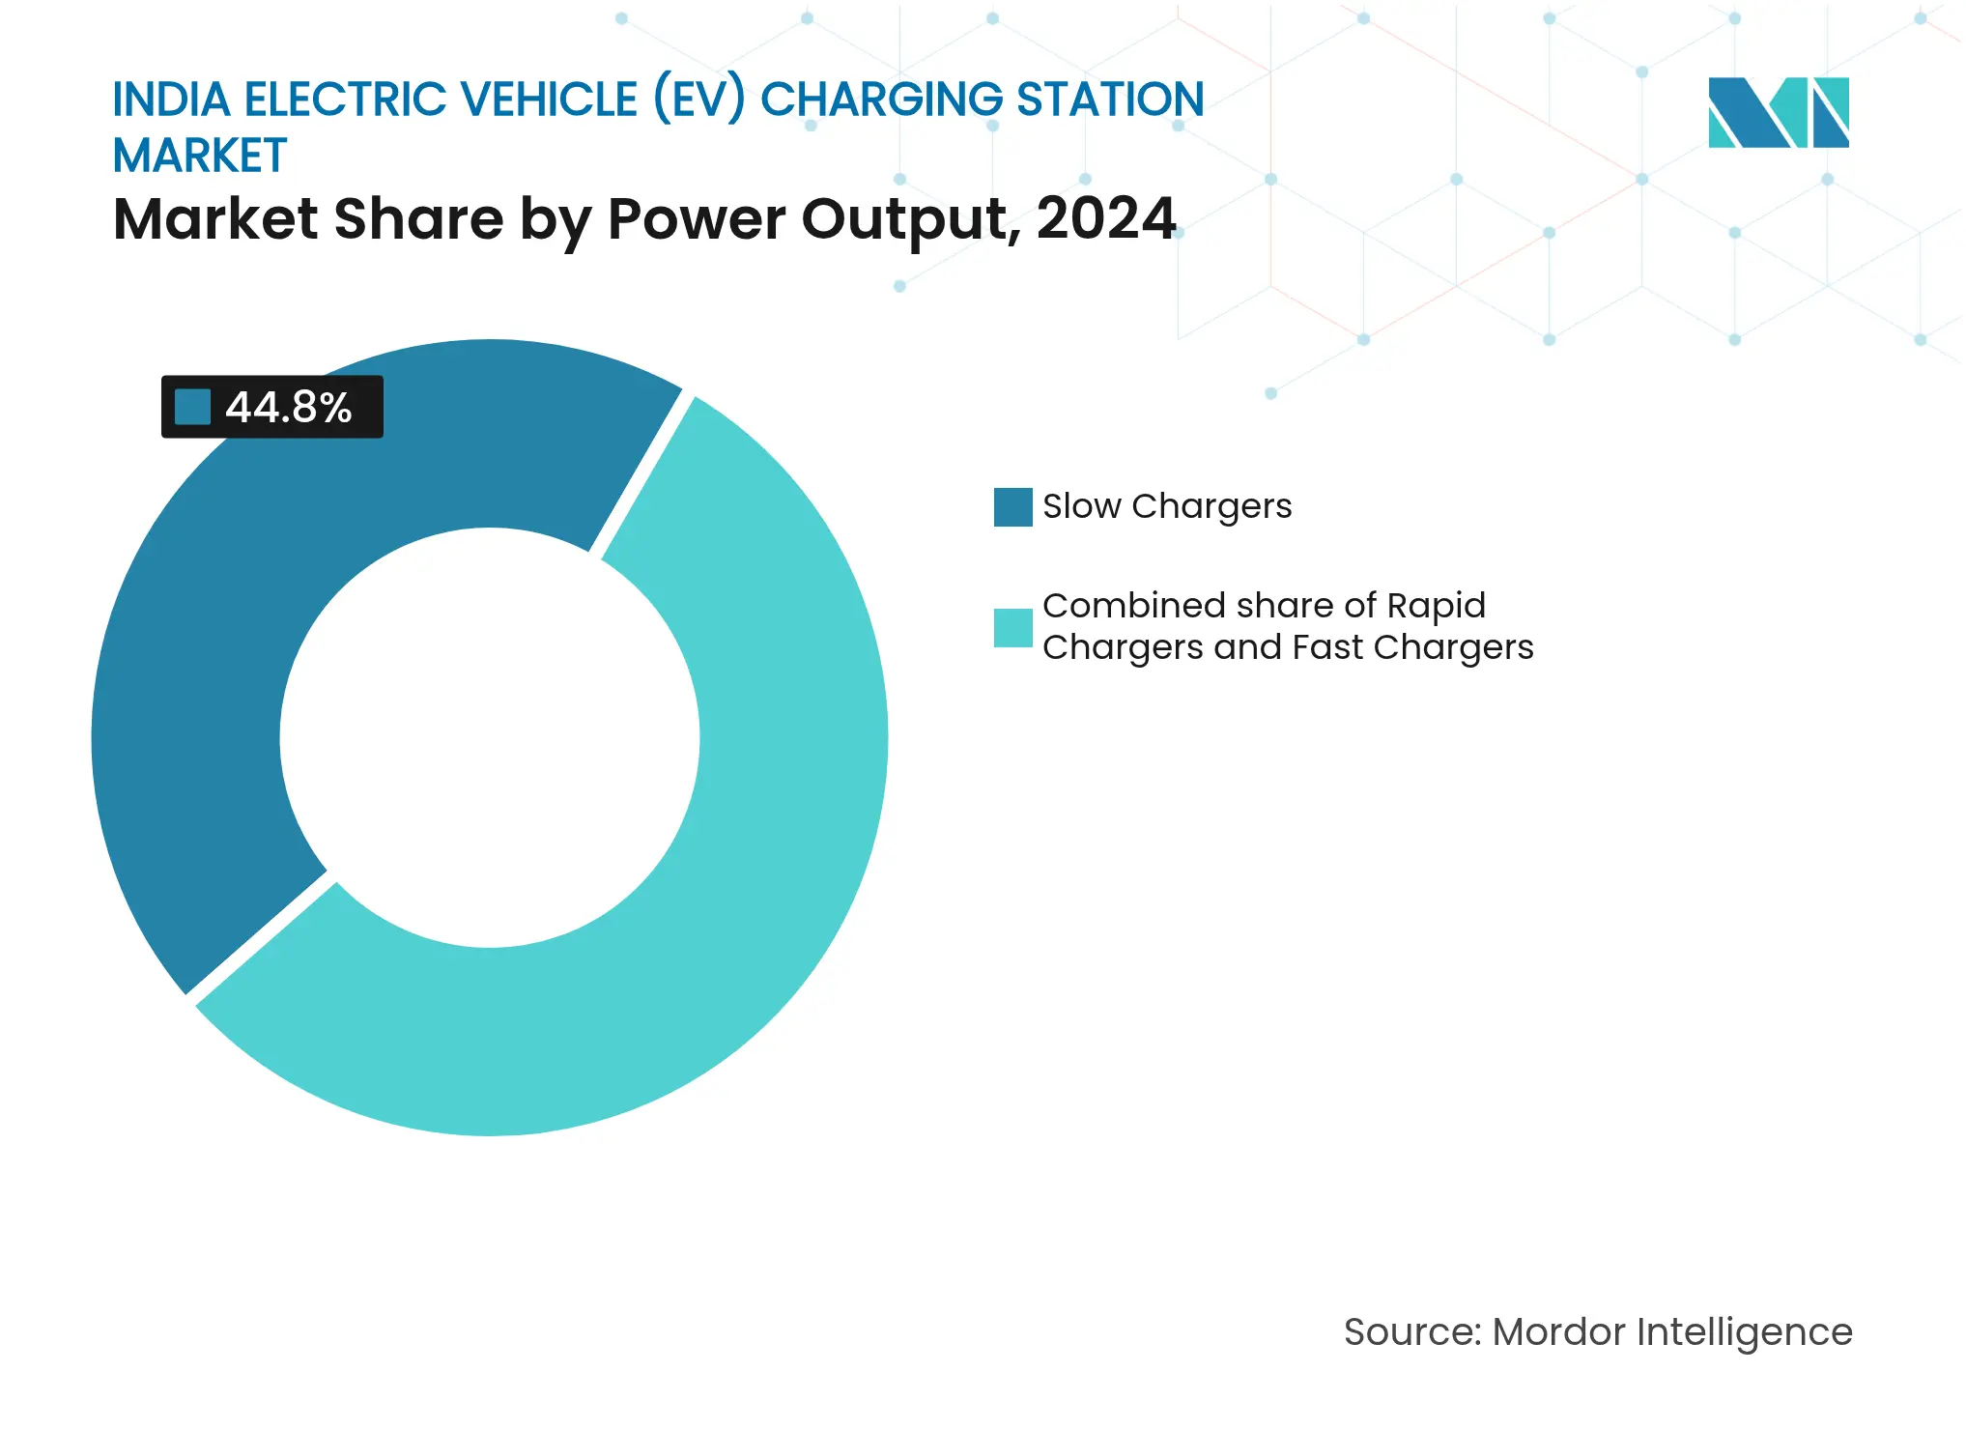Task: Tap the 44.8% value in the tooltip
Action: (x=288, y=407)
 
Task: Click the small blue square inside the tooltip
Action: (x=192, y=407)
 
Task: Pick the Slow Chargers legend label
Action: (x=1166, y=506)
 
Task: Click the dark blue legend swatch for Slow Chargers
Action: (x=1012, y=506)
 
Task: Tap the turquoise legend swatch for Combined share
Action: (x=1012, y=627)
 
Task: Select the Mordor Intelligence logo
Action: (x=1778, y=112)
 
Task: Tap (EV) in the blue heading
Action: (x=699, y=100)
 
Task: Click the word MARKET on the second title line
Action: (x=200, y=157)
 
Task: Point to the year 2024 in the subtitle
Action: (x=1106, y=218)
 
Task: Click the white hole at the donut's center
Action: (x=490, y=737)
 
